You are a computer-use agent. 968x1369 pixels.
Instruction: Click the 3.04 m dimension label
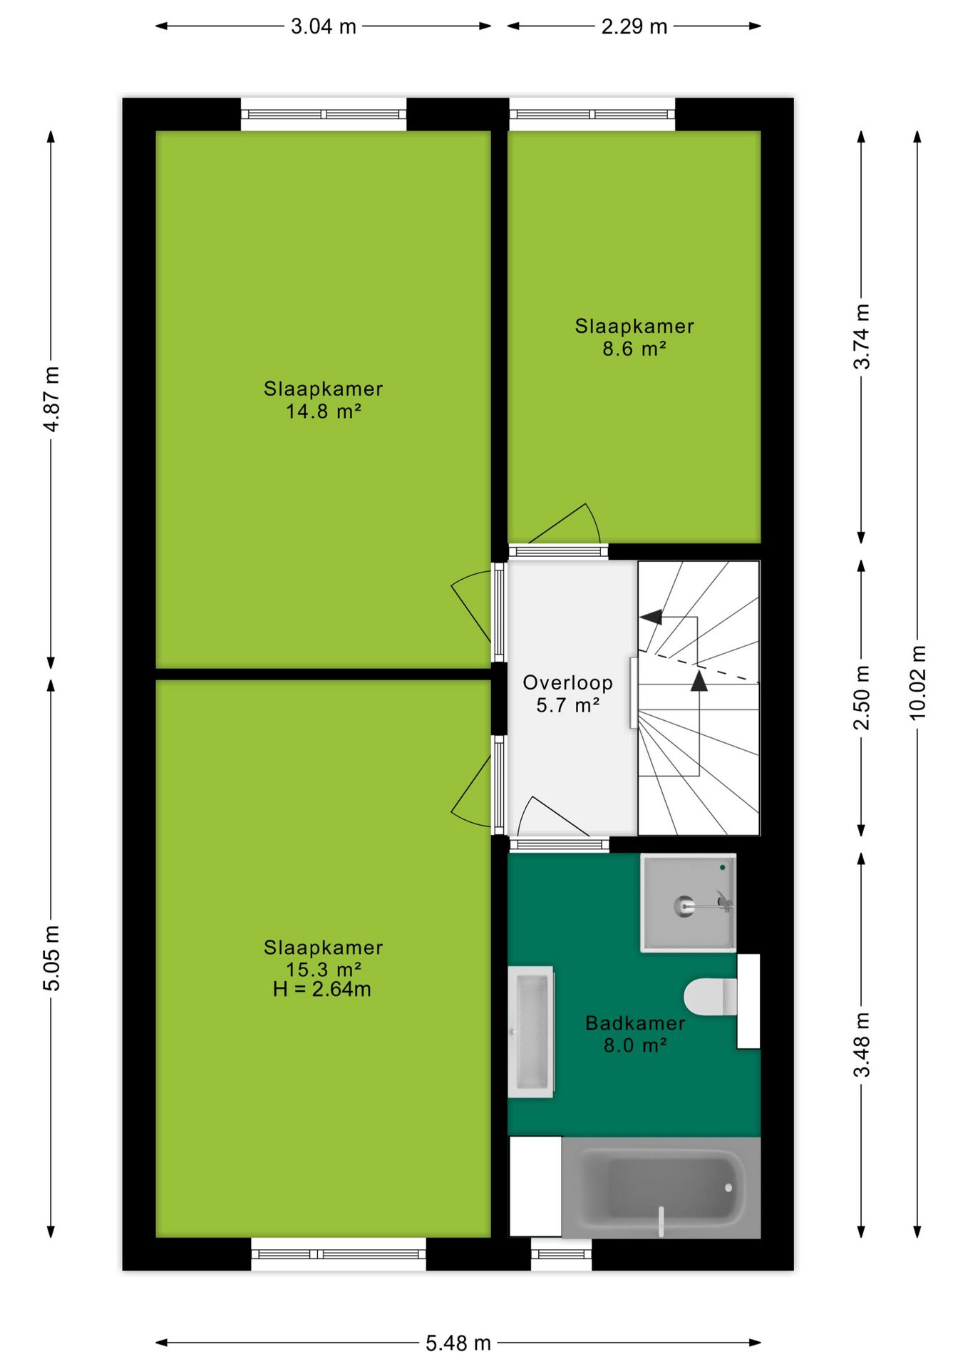tap(323, 26)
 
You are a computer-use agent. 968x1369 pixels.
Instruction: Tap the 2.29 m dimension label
tap(634, 26)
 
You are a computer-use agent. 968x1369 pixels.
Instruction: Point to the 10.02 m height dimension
tap(918, 682)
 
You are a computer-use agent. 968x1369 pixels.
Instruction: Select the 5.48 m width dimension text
tap(458, 1343)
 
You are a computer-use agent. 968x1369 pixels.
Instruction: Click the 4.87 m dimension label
tap(51, 399)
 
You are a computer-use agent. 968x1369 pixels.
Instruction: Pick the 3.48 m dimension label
tap(862, 1044)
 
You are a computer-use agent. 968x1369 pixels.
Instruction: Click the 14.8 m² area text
tap(324, 411)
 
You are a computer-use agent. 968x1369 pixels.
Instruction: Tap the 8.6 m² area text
tap(634, 349)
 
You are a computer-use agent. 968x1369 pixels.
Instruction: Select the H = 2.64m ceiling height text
tap(322, 989)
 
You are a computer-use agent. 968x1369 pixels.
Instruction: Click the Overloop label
tap(568, 682)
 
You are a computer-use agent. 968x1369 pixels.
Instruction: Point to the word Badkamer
tap(635, 1022)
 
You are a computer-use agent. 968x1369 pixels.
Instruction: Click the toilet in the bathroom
tap(711, 996)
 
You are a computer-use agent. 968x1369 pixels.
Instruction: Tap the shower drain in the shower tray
tap(684, 906)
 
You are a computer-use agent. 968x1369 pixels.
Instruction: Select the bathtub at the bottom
tap(661, 1187)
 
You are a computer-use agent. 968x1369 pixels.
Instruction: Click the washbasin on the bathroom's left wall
tap(531, 1032)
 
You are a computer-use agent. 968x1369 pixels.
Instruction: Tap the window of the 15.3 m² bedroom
tap(339, 1254)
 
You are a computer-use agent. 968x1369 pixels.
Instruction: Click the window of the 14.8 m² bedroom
tap(324, 114)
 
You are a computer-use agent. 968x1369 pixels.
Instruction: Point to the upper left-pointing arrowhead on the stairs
tap(651, 617)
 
